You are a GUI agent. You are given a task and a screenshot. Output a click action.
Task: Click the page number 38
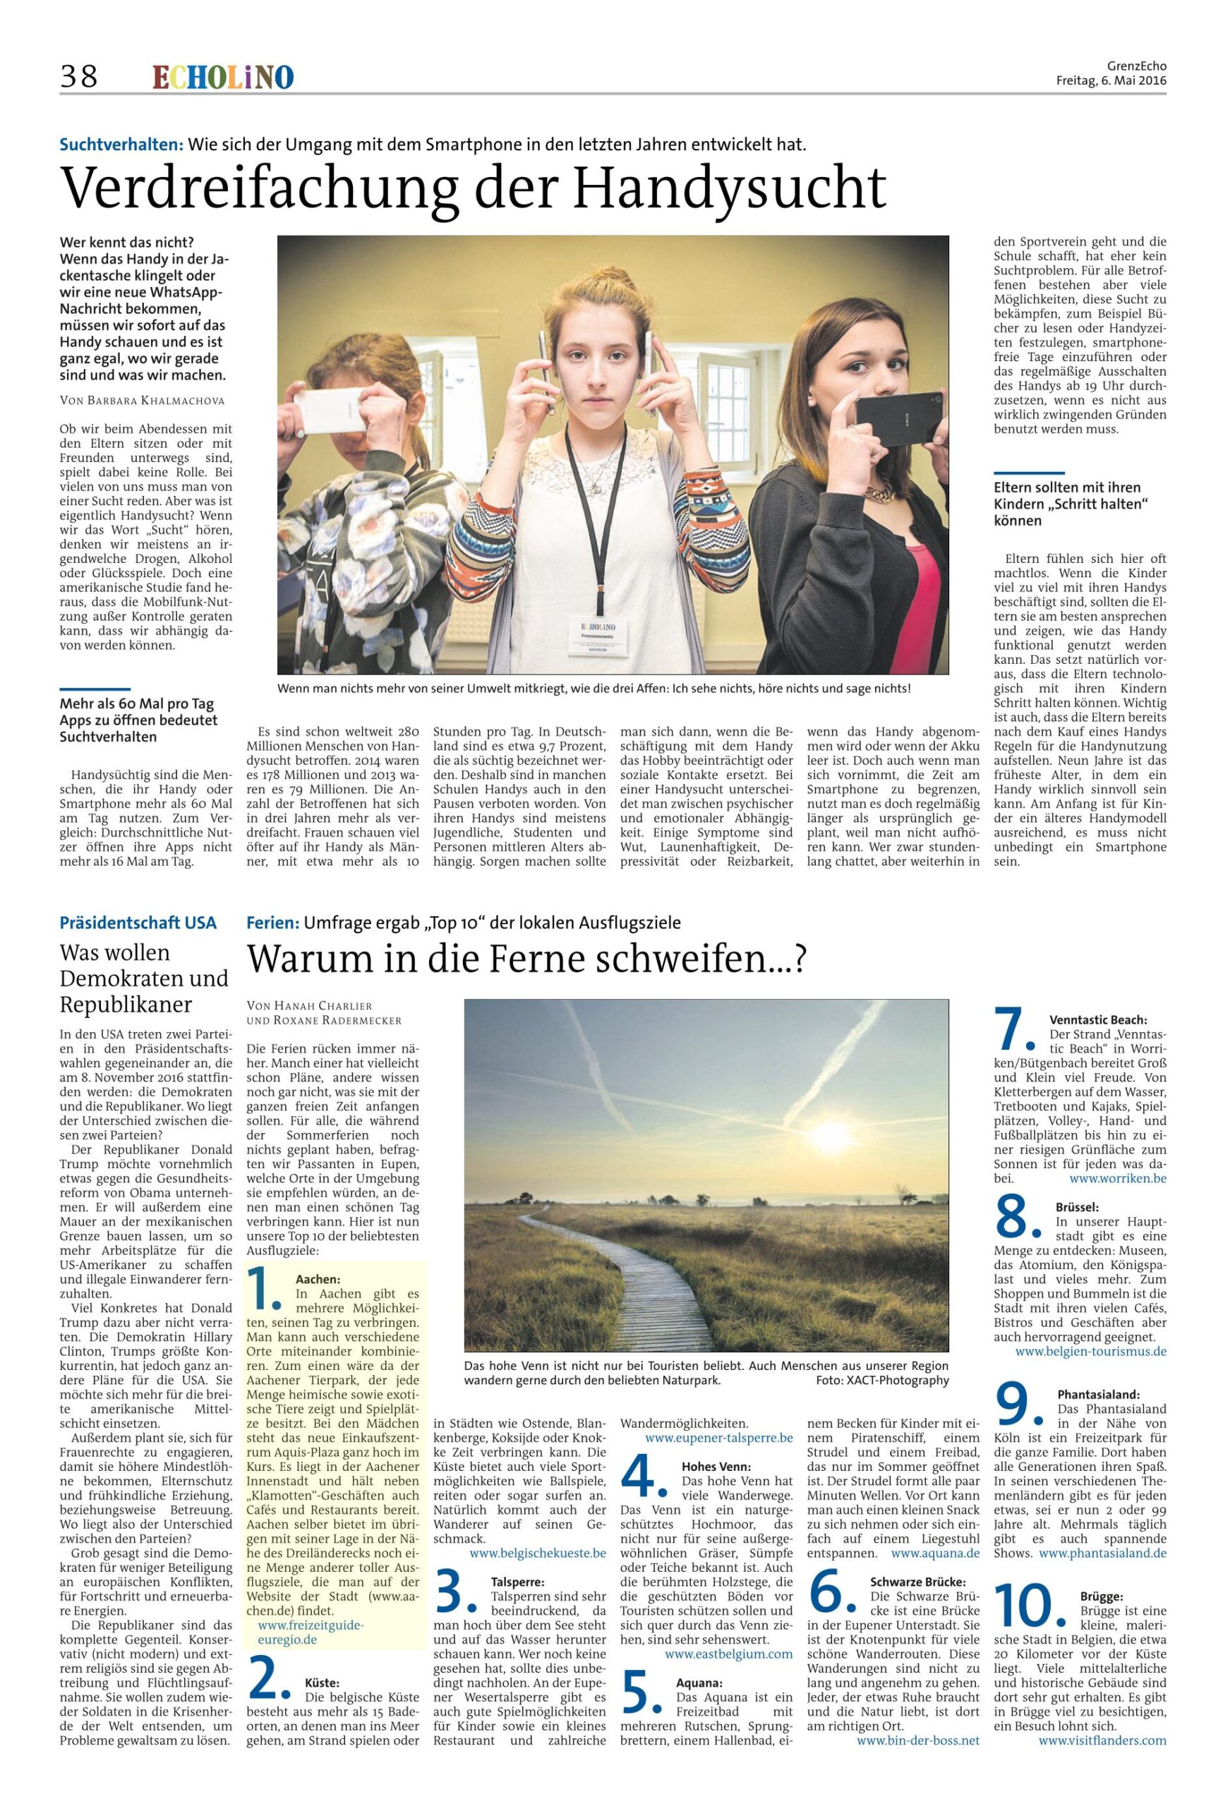[x=79, y=75]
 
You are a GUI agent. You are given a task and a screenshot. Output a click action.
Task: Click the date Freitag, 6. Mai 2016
[x=1111, y=80]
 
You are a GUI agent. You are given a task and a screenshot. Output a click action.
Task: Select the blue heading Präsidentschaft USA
[x=138, y=922]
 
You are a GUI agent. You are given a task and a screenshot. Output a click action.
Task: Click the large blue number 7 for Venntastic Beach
[x=1014, y=1029]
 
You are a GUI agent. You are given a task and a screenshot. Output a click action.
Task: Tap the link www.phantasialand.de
[x=1102, y=1546]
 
